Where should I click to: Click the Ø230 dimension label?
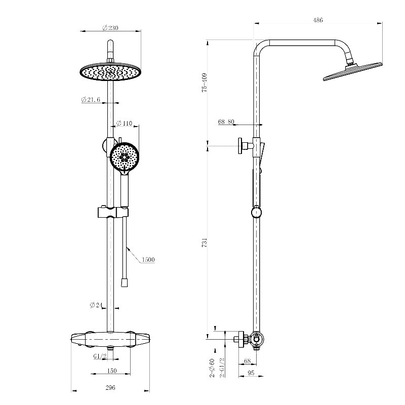coord(110,28)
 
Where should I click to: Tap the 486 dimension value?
coord(318,20)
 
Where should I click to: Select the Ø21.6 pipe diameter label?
coord(91,99)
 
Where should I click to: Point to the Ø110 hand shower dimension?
coord(124,123)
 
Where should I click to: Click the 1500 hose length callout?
coord(148,260)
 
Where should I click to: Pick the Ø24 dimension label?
coord(96,305)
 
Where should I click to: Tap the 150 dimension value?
coord(111,371)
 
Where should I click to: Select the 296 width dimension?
coord(110,387)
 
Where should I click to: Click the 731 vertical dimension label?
coord(205,243)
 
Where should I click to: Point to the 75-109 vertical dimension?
coord(205,83)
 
